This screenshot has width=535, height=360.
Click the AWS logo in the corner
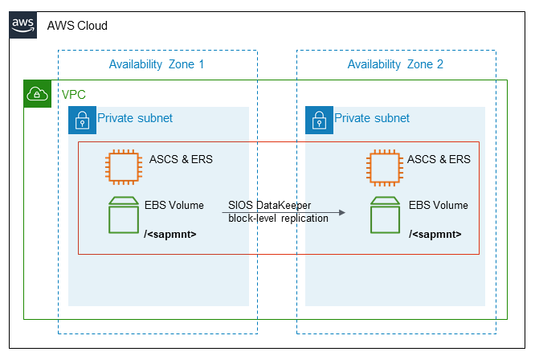tap(22, 25)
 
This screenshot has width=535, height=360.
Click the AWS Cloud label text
tap(77, 26)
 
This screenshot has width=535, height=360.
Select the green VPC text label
tap(74, 95)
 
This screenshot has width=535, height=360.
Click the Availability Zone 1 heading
tap(157, 64)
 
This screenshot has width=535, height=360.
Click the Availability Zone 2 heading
tap(395, 64)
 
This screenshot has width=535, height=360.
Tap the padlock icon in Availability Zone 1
tap(81, 120)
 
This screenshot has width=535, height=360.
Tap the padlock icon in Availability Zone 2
tap(318, 120)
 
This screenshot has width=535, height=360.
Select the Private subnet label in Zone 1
tap(135, 118)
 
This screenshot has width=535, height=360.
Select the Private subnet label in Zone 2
tap(372, 118)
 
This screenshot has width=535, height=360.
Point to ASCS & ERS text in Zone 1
tap(181, 159)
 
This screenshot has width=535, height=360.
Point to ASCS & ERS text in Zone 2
tap(439, 159)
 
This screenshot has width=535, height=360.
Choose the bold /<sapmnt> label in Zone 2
tap(435, 235)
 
